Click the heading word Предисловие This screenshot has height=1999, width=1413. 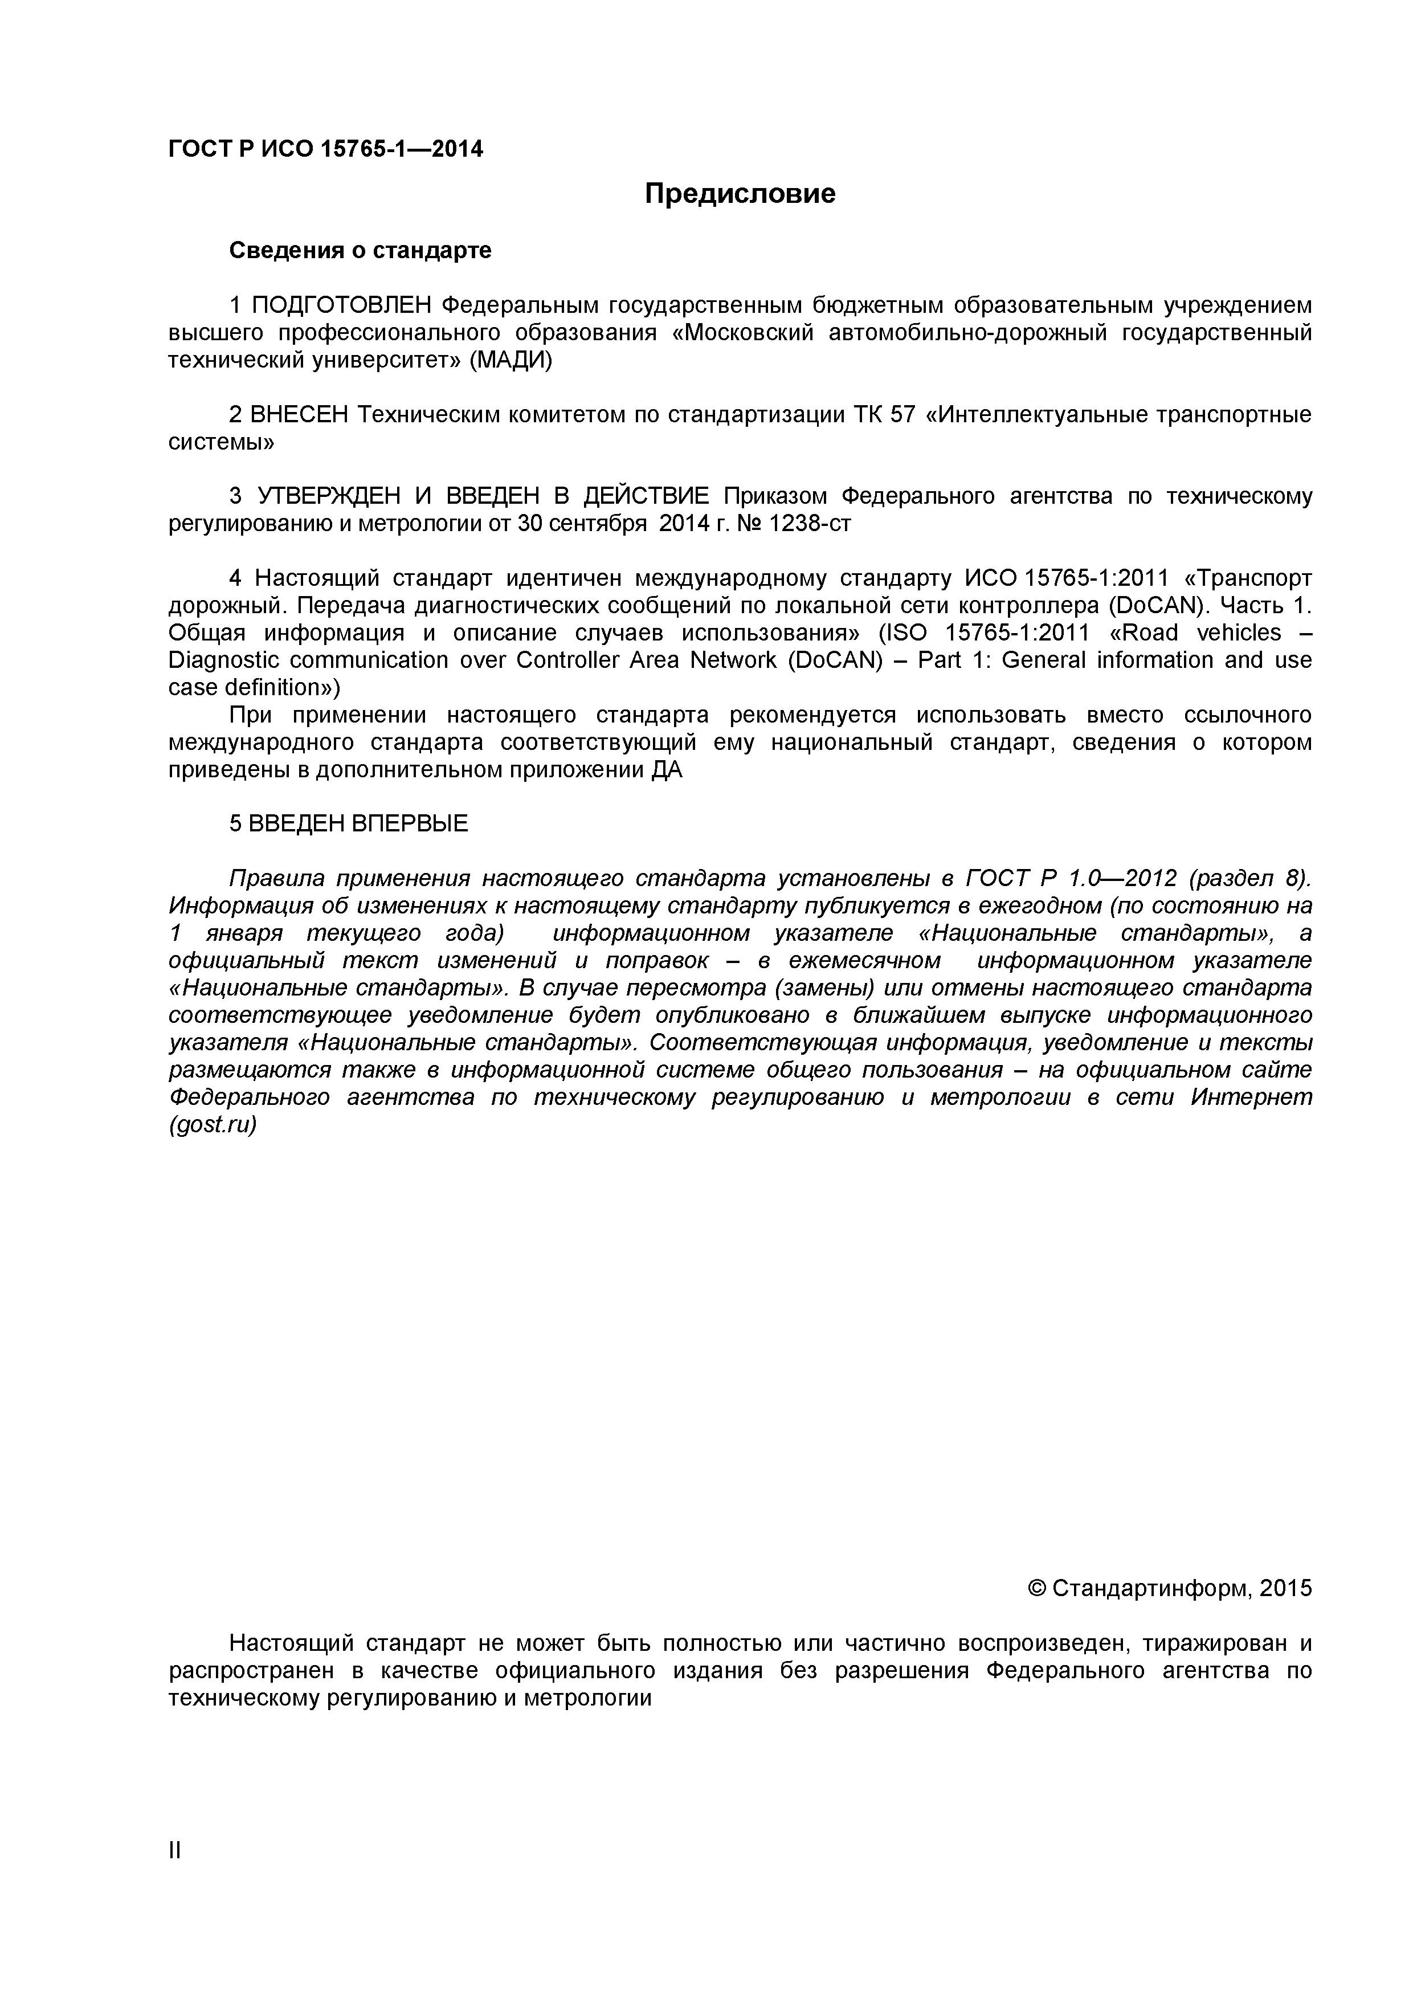(740, 193)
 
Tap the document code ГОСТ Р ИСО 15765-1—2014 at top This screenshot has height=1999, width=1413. (325, 150)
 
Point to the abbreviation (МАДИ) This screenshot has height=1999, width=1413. (511, 361)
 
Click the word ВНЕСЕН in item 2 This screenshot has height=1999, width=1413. (299, 415)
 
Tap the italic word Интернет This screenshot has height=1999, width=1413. (1251, 1098)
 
